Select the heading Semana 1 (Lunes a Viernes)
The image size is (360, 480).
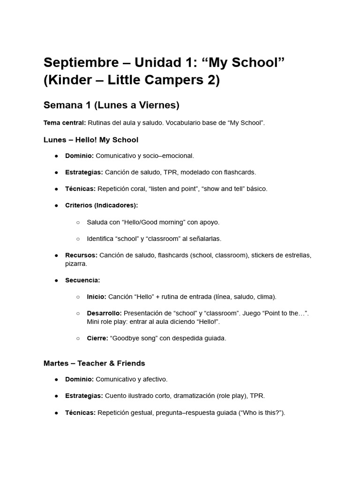[111, 105]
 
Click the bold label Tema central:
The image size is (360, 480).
[64, 123]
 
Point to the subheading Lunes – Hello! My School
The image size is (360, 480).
[90, 140]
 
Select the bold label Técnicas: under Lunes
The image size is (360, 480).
[80, 188]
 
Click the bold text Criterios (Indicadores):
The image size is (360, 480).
[101, 205]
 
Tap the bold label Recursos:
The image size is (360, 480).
[81, 255]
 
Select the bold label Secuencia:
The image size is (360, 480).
[82, 280]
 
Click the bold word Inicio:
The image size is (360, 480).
[97, 297]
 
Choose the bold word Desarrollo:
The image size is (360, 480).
[104, 313]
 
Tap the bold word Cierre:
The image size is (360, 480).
[97, 338]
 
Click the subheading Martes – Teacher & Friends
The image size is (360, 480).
[94, 363]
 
